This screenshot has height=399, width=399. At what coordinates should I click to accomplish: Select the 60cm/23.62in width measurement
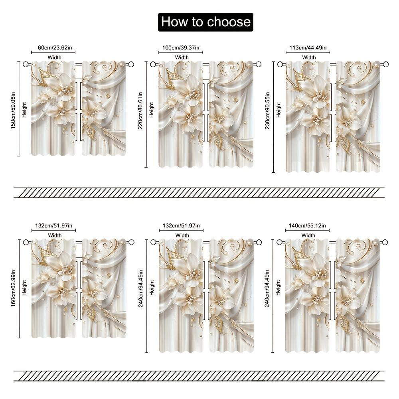click(55, 48)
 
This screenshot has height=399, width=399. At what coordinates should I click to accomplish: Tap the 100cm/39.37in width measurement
click(181, 48)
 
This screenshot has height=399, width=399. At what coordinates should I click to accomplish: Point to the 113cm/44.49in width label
click(308, 48)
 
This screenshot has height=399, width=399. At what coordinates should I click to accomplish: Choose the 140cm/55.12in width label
click(308, 226)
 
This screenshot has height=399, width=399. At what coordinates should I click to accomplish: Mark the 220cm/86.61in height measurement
click(141, 115)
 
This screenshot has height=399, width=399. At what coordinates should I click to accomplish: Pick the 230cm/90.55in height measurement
click(268, 117)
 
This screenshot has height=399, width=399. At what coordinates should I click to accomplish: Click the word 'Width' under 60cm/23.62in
click(55, 57)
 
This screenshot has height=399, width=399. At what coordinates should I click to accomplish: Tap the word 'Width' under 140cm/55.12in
click(308, 235)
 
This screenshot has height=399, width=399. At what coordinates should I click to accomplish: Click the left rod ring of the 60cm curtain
click(26, 64)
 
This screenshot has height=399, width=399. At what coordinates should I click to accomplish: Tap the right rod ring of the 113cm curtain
click(385, 64)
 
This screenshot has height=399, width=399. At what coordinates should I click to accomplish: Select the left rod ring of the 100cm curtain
click(153, 64)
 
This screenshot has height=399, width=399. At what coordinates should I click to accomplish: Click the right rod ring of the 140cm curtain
click(385, 242)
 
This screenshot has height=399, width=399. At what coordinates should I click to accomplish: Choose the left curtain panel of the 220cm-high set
click(181, 114)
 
